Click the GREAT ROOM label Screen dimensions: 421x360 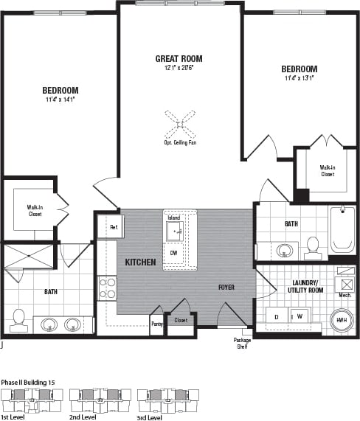(179, 58)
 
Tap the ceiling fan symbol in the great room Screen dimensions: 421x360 (179, 125)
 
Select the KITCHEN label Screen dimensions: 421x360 (139, 262)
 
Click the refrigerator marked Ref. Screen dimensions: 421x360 (113, 227)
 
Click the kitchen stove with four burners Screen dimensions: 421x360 (108, 287)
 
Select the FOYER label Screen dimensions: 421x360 (226, 287)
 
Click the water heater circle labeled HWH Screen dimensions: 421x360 (342, 321)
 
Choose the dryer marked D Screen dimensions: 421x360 (277, 317)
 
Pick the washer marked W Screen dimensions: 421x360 (300, 317)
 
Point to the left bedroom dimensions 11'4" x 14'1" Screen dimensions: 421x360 (60, 100)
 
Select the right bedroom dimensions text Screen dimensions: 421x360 (299, 77)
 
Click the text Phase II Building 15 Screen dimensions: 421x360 (33, 382)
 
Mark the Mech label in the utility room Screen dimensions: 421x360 (344, 295)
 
